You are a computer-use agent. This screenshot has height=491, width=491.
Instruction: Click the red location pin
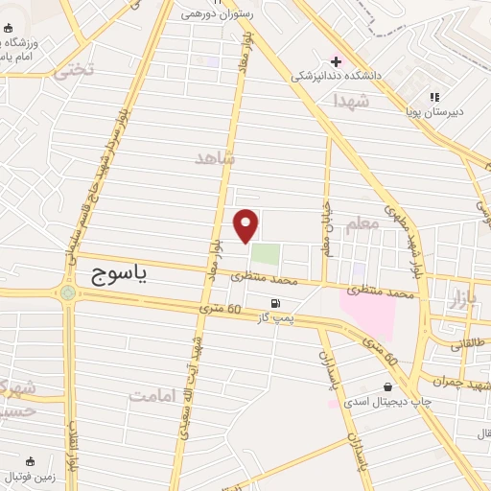(x=247, y=225)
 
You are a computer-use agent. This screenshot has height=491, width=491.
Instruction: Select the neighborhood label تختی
(x=76, y=69)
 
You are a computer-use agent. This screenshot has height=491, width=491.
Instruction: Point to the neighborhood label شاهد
(x=214, y=157)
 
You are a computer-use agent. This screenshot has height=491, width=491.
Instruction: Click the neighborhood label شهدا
(x=352, y=100)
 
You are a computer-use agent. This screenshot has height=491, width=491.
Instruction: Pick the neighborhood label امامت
(x=154, y=394)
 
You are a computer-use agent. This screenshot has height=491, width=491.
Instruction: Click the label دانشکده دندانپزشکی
(x=383, y=75)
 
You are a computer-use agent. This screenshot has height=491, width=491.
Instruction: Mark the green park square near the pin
(x=266, y=256)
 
